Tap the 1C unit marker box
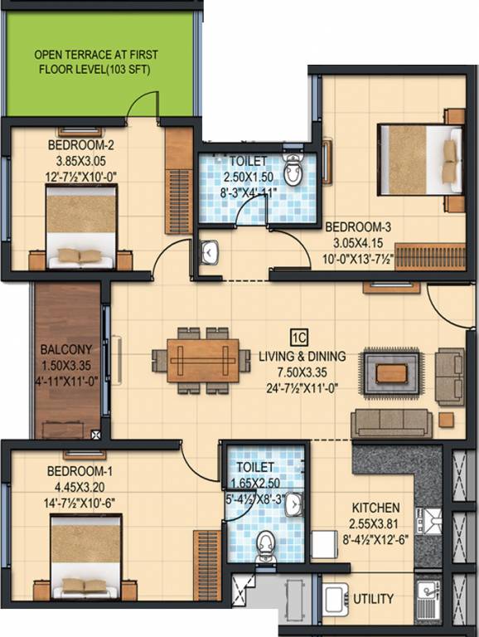pos(298,336)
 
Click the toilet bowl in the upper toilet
pos(293,170)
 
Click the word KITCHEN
pos(375,508)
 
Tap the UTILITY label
pos(373,599)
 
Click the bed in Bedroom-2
pos(80,226)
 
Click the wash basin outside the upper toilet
pos(210,250)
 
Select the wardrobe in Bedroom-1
pos(206,565)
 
